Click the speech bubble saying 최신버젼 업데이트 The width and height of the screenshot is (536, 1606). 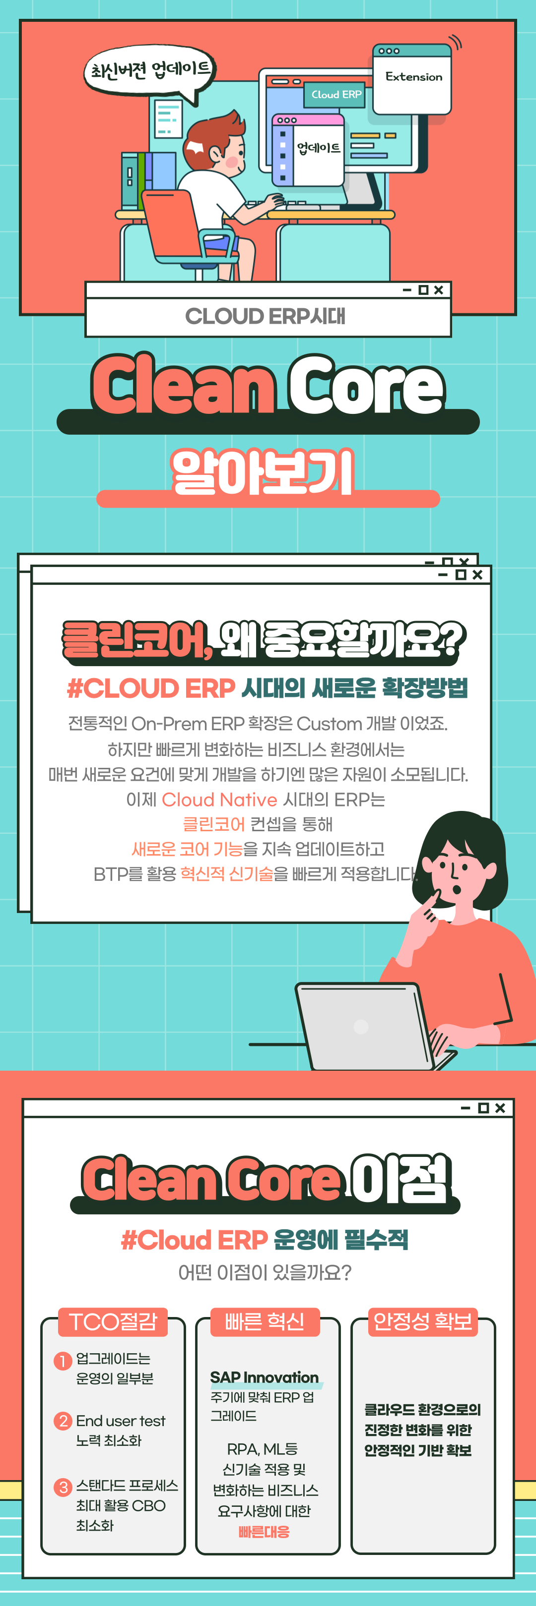tap(150, 72)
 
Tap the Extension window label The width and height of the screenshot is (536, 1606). tap(414, 77)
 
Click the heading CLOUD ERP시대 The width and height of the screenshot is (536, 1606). tap(265, 316)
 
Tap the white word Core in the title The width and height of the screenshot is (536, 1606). tap(366, 385)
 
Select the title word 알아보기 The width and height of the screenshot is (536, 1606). tap(263, 472)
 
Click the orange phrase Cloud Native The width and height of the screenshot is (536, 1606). tap(219, 799)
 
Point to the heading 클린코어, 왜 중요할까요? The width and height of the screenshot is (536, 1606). tap(264, 639)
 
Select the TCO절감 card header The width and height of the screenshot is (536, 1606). tap(113, 1321)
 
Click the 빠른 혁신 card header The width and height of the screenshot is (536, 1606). tap(265, 1321)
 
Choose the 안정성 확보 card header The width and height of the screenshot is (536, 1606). tap(422, 1321)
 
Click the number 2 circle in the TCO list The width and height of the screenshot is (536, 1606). tap(63, 1421)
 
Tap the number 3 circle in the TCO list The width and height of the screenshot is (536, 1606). tap(63, 1488)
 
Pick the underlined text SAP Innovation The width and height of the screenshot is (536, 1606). tap(265, 1377)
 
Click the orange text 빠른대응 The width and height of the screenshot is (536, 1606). tap(264, 1532)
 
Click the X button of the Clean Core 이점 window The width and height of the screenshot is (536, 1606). tap(500, 1108)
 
